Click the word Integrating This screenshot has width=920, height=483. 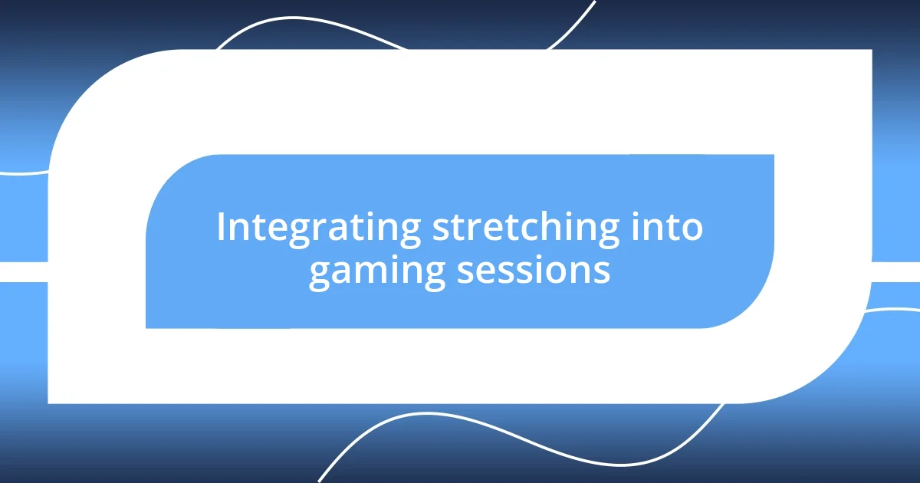pos(318,228)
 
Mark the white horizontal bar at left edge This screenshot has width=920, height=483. pos(23,271)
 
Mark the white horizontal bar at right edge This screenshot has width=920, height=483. pos(897,271)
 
